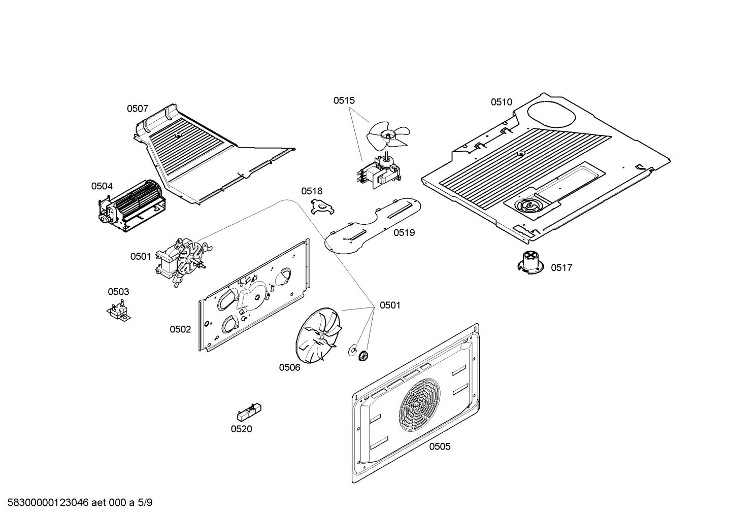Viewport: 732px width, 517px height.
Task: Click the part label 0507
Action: click(137, 109)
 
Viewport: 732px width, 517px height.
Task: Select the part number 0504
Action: click(102, 186)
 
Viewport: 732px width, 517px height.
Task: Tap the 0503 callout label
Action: click(118, 292)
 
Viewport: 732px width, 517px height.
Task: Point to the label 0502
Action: click(180, 329)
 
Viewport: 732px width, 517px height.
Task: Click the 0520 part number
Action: click(241, 429)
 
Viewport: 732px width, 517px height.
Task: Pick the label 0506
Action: click(289, 367)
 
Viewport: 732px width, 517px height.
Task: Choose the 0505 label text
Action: click(440, 446)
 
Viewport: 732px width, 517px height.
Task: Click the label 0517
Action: click(561, 268)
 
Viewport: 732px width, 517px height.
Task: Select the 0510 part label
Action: click(501, 102)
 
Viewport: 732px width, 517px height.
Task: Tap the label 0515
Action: click(344, 100)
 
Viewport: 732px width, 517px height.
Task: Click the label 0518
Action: click(312, 191)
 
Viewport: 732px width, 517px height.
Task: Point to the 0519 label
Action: click(404, 233)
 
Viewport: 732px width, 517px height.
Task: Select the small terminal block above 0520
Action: click(249, 410)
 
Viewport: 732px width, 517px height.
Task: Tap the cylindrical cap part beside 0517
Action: click(530, 262)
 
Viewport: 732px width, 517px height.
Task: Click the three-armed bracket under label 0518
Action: click(321, 206)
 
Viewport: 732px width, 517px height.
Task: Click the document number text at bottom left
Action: click(76, 503)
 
